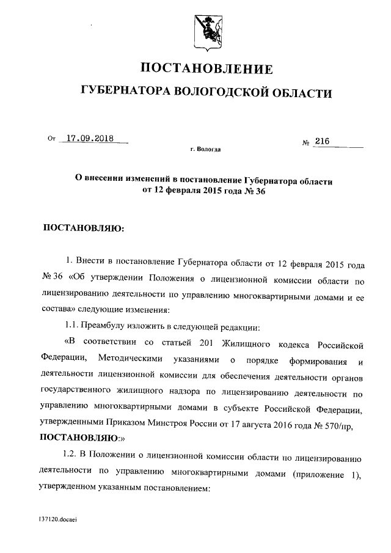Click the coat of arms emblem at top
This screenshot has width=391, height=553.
pos(206,30)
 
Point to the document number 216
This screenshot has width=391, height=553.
pos(322,141)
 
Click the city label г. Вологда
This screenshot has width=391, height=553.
pos(205,149)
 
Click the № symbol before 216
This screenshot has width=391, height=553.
pos(307,142)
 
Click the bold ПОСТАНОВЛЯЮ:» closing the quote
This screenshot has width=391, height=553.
pos(82,438)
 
